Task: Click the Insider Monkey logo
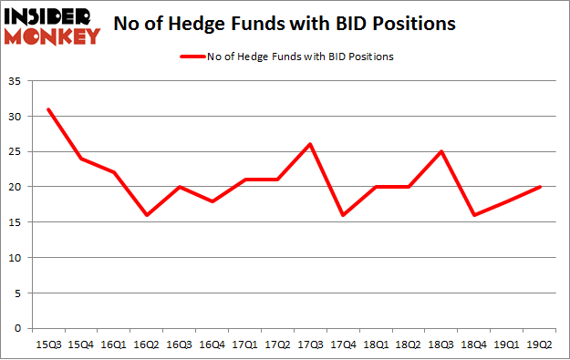click(x=53, y=26)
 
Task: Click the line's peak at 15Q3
click(x=48, y=109)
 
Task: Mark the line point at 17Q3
click(x=310, y=144)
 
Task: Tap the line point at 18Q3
click(x=441, y=151)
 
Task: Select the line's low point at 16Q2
click(x=147, y=215)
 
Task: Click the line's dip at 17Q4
click(x=343, y=215)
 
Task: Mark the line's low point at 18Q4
click(x=474, y=215)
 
